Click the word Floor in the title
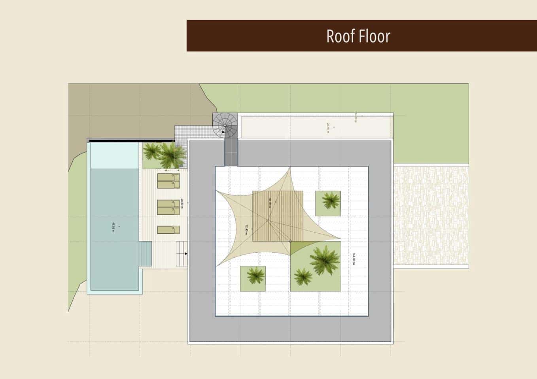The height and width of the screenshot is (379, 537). tap(374, 36)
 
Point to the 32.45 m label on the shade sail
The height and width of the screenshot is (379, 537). tap(246, 229)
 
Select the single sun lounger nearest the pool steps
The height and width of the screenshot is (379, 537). tap(168, 230)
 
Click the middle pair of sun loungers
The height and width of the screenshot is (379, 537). tap(168, 207)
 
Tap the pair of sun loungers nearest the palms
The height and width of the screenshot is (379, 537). tap(168, 181)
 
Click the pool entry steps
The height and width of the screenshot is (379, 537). tap(145, 255)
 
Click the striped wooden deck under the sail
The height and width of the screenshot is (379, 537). tap(278, 216)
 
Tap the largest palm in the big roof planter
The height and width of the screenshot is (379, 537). tap(324, 259)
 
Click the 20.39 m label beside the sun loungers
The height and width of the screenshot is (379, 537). tap(182, 204)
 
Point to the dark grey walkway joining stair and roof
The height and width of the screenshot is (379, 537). tap(231, 152)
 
